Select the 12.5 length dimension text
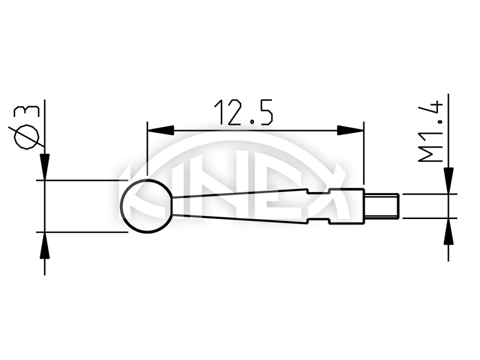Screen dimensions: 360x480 click(244, 113)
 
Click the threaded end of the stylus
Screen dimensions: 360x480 click(383, 206)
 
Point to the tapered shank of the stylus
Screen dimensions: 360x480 click(240, 206)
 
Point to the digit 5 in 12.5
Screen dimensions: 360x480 click(263, 113)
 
